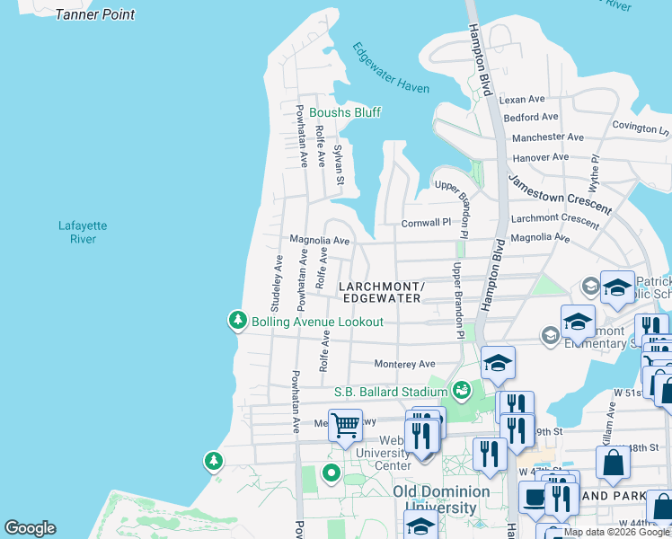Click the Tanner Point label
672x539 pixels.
click(x=95, y=14)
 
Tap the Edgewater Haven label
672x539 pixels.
click(x=391, y=67)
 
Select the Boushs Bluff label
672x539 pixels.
click(x=345, y=112)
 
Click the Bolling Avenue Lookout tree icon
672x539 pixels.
click(x=237, y=321)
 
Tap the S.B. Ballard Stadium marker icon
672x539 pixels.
click(x=462, y=390)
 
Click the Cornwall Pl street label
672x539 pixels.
click(x=426, y=222)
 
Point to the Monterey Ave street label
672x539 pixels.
click(x=404, y=364)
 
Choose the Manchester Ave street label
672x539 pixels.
click(x=541, y=138)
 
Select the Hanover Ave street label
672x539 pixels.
click(x=540, y=157)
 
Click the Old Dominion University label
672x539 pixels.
click(x=441, y=499)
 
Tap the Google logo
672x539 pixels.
click(x=30, y=528)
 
